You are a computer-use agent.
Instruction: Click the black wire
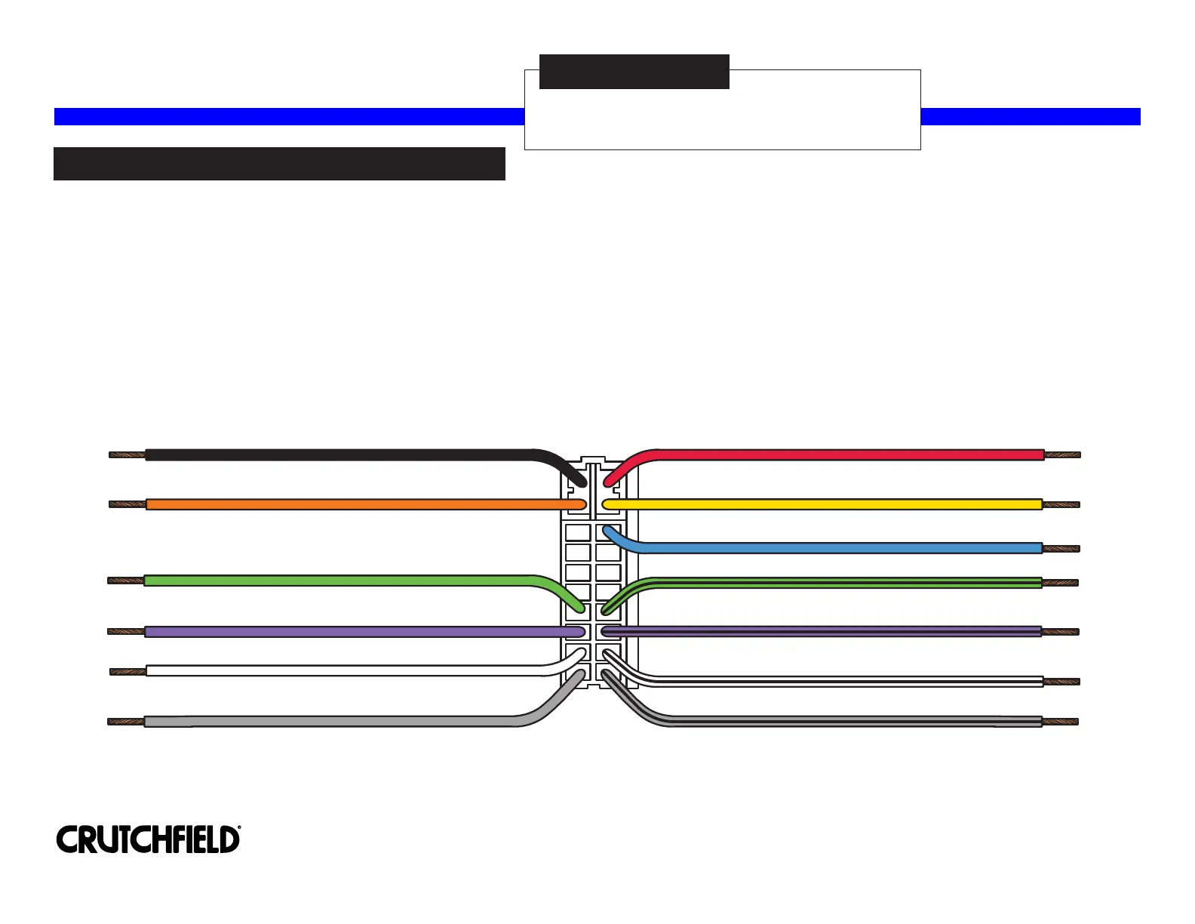pos(339,455)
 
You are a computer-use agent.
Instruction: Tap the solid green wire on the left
pos(339,581)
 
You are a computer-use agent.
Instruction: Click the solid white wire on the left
pos(339,670)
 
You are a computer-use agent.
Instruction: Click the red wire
pos(845,455)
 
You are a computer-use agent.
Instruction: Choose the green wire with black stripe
pos(845,583)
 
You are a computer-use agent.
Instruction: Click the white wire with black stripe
pos(845,682)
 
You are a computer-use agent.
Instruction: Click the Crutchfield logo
pos(148,839)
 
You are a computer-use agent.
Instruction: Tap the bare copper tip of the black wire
pos(127,455)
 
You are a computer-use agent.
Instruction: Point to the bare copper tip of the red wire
pos(1062,455)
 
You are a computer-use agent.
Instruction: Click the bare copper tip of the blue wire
pos(1061,549)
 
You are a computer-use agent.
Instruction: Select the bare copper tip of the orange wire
pos(127,504)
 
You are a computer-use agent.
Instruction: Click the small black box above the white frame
pos(634,72)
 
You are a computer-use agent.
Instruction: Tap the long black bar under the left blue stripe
pos(279,164)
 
